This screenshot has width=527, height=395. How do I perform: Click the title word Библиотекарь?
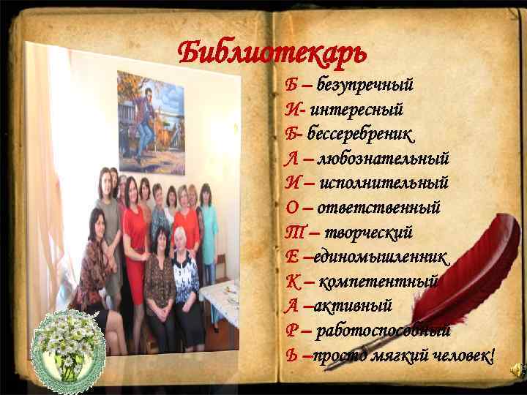(272, 52)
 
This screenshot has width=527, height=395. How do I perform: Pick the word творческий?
(369, 233)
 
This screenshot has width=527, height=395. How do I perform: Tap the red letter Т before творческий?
(293, 233)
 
